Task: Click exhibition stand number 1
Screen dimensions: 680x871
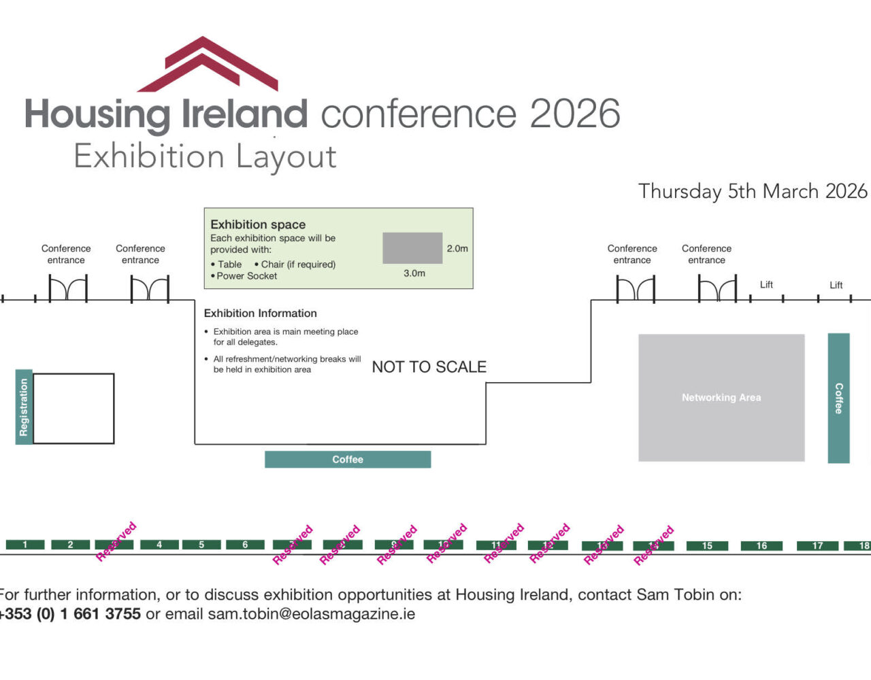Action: [x=25, y=545]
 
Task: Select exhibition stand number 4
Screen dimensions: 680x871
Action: [x=159, y=545]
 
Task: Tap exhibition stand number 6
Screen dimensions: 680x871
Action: [x=246, y=545]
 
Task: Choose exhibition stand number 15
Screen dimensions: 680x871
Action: [x=707, y=546]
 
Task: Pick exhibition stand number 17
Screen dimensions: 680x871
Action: [x=817, y=546]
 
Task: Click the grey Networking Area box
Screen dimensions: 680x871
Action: [x=721, y=398]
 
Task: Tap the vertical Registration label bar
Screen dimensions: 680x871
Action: [x=24, y=407]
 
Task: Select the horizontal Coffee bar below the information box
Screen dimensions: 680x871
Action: [x=348, y=460]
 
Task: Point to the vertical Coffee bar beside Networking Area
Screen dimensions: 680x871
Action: [x=838, y=398]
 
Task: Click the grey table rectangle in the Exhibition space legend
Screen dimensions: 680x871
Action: [x=412, y=248]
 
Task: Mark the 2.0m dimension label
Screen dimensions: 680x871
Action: [x=457, y=249]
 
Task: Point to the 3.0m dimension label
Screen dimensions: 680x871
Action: [x=414, y=273]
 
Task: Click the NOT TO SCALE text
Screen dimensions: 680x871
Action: [x=429, y=367]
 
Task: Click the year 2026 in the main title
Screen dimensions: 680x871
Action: [x=575, y=114]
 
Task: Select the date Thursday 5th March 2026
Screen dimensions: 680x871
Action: [x=753, y=191]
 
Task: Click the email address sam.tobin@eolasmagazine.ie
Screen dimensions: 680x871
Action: [x=311, y=614]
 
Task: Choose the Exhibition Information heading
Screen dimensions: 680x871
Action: [x=261, y=313]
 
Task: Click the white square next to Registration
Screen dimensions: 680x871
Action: [x=73, y=408]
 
